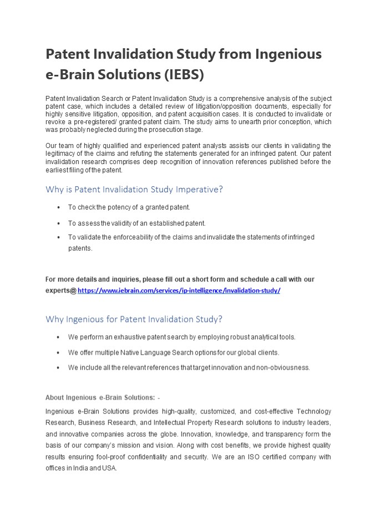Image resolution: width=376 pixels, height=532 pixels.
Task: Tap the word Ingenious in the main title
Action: click(287, 54)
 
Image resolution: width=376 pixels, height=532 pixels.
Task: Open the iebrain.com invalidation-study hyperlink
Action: click(179, 290)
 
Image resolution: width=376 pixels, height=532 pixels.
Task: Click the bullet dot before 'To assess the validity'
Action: click(59, 223)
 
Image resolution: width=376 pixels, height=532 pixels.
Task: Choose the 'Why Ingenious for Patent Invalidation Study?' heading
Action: click(134, 319)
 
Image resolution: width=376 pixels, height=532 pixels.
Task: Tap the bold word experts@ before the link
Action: click(60, 290)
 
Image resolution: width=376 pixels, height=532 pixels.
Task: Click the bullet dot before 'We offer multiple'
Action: click(59, 352)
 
